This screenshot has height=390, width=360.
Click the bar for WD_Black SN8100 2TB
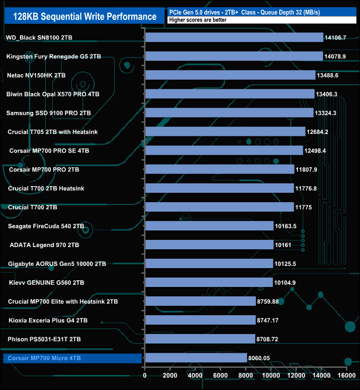(234, 37)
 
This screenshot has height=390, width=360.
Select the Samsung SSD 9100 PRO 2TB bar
(229, 113)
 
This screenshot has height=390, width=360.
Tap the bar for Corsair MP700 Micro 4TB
(196, 358)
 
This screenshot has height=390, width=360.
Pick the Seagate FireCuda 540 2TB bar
(209, 226)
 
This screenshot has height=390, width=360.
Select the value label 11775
(306, 207)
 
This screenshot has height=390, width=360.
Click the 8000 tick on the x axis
(246, 376)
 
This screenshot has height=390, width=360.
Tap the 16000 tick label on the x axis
(347, 376)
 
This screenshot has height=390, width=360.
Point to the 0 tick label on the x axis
(145, 376)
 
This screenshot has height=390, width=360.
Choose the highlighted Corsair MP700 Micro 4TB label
(44, 358)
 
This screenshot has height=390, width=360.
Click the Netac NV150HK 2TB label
(37, 75)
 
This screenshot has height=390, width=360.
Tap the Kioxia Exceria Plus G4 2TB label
(48, 320)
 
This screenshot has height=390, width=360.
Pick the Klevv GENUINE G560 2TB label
(46, 283)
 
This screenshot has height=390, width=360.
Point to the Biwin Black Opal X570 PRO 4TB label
(53, 94)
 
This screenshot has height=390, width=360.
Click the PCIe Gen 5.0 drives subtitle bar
(260, 12)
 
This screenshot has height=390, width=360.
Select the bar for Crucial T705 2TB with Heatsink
(225, 132)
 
